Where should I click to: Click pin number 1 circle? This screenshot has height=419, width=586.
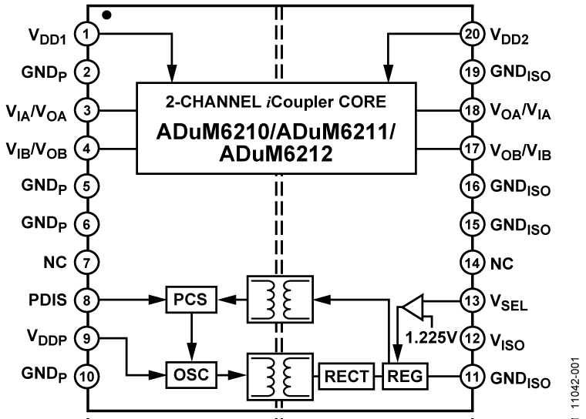89,34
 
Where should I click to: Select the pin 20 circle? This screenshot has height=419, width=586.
470,34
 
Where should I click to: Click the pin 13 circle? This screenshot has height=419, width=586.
470,299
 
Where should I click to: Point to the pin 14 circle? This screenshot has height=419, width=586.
470,261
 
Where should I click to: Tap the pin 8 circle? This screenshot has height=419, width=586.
89,298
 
